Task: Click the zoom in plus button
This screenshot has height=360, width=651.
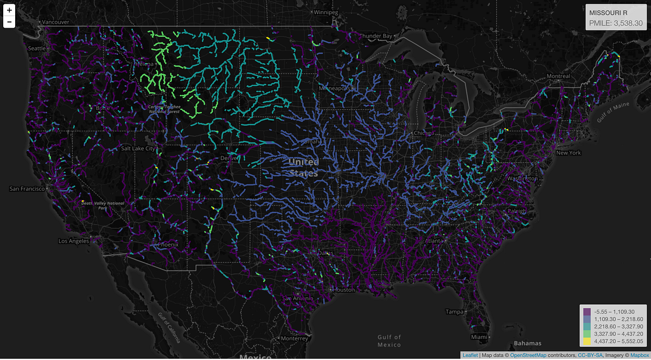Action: pos(9,10)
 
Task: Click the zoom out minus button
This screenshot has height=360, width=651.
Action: pos(9,22)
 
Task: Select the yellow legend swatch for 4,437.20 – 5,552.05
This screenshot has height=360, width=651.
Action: pos(587,342)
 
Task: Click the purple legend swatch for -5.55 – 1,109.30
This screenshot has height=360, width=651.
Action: pos(587,312)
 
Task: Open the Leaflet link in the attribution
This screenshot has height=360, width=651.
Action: pos(470,355)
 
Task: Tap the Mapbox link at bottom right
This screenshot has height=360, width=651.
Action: pos(639,355)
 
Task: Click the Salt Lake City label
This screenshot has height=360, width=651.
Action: pos(138,148)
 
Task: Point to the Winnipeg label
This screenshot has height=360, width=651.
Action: pos(325,12)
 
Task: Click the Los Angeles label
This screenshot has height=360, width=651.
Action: pos(74,241)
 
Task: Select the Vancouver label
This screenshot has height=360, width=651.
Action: pos(56,22)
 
